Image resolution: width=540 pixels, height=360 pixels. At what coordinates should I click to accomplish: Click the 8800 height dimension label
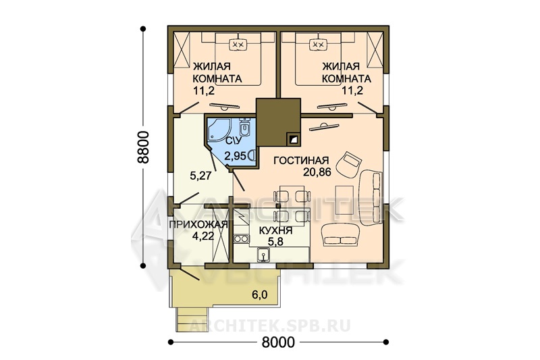pyautogui.click(x=142, y=147)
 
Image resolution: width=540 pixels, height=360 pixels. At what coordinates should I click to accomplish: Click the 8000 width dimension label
pyautogui.click(x=278, y=342)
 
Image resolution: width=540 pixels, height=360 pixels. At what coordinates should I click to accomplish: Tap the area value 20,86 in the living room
pyautogui.click(x=317, y=172)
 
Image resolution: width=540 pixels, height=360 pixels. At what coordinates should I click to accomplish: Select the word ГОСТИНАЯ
pyautogui.click(x=301, y=161)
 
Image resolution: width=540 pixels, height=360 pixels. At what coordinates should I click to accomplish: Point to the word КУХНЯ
pyautogui.click(x=275, y=230)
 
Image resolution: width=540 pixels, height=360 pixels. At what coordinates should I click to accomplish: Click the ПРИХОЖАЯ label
pyautogui.click(x=198, y=225)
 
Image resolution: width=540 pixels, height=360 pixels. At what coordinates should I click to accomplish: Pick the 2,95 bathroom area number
pyautogui.click(x=235, y=156)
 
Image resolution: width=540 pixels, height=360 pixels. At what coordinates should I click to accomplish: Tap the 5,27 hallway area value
pyautogui.click(x=200, y=176)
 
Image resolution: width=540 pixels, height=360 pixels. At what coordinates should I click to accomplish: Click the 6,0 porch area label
pyautogui.click(x=259, y=295)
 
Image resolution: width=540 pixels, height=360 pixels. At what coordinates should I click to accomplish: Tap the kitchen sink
pyautogui.click(x=263, y=255)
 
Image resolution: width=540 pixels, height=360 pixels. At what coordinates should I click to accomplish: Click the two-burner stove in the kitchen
pyautogui.click(x=241, y=238)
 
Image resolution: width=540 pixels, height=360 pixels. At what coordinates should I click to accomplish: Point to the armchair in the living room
pyautogui.click(x=349, y=165)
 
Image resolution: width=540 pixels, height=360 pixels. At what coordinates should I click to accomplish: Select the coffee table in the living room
pyautogui.click(x=345, y=200)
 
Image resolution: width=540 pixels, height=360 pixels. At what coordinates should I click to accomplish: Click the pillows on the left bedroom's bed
pyautogui.click(x=237, y=45)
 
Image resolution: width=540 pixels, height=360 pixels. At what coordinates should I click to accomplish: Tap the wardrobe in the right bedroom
pyautogui.click(x=375, y=49)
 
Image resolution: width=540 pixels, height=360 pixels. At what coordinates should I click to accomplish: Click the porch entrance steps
pyautogui.click(x=193, y=319)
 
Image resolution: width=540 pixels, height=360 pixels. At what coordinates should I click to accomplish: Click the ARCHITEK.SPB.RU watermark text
pyautogui.click(x=270, y=326)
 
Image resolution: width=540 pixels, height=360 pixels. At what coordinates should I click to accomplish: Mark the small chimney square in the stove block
pyautogui.click(x=293, y=139)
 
